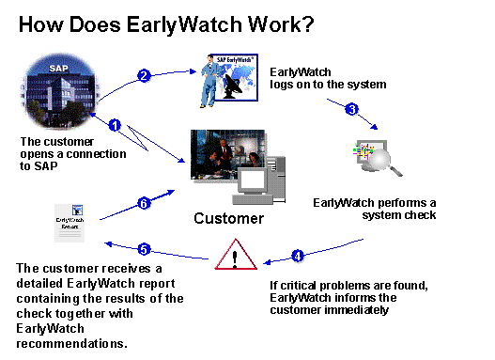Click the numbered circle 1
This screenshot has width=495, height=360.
115,124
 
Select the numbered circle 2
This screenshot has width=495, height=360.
145,76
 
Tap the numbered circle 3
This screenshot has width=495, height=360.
352,108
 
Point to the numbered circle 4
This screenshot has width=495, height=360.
297,255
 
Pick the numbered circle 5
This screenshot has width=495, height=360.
144,249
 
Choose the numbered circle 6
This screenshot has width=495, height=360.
144,202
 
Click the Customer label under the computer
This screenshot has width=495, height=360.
228,219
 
